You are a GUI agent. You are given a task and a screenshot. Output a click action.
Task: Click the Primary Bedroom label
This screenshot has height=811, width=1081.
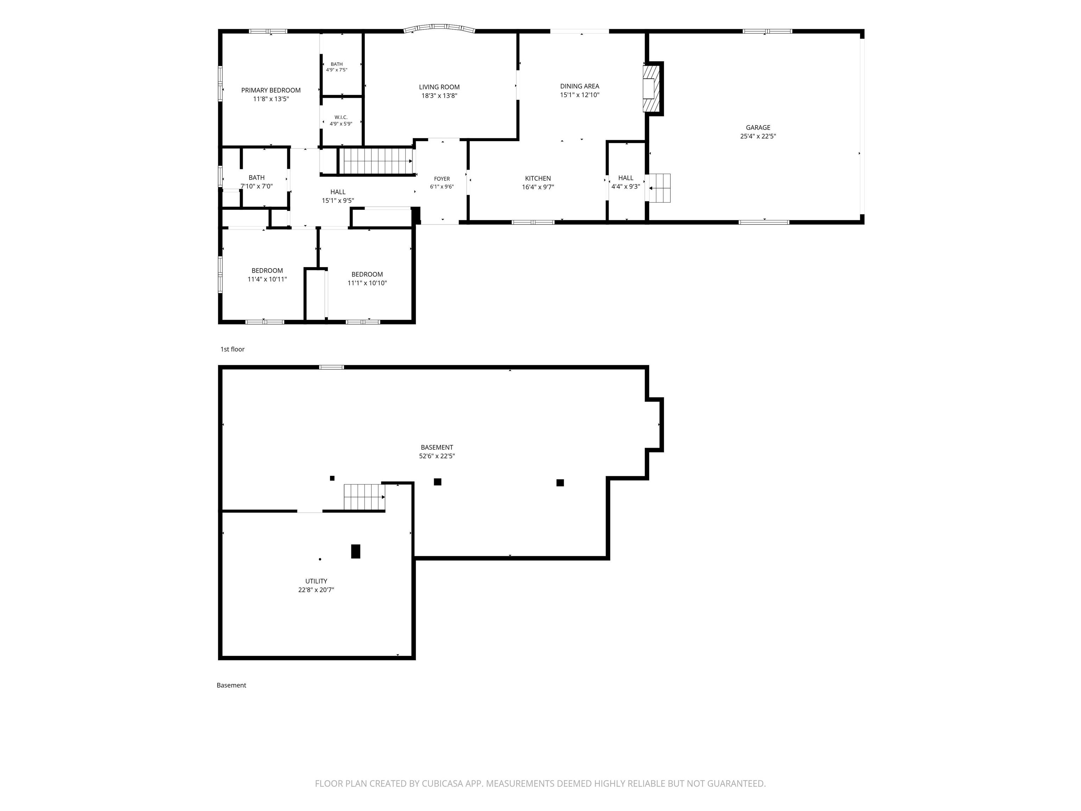[271, 90]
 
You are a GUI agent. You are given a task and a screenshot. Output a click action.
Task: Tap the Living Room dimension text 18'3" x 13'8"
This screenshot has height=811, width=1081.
[440, 96]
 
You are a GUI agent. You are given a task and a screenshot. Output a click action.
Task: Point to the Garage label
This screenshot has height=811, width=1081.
[758, 127]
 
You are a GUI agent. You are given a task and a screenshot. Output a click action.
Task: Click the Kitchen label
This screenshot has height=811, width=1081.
[538, 178]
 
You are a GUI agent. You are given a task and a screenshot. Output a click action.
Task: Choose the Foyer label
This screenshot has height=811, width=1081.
[442, 179]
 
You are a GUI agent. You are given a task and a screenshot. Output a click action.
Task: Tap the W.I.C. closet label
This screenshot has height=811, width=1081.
[341, 117]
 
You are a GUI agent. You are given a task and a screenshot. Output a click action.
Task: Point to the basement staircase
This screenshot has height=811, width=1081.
[365, 497]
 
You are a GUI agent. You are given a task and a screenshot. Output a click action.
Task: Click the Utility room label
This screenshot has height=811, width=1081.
[316, 581]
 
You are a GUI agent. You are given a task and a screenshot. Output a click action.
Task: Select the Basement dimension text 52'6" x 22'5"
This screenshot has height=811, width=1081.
[437, 456]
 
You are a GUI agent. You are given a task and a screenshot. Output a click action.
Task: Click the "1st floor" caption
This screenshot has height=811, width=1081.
[232, 349]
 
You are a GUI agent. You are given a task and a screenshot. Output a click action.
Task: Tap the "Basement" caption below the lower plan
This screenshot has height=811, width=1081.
[231, 685]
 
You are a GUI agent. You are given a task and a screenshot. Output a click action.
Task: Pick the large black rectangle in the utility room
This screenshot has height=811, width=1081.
[356, 552]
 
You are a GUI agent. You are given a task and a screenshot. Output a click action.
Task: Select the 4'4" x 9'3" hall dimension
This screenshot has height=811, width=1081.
[626, 187]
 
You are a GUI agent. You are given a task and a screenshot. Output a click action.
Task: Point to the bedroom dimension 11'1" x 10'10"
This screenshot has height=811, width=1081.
[367, 283]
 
